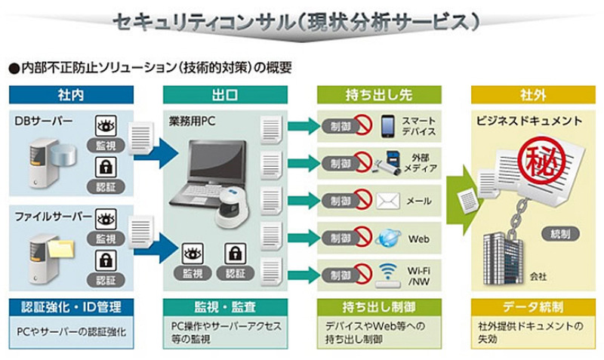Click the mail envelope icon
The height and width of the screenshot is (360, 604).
point(388,201)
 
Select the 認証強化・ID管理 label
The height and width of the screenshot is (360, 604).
point(72,307)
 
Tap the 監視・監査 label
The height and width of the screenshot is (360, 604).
point(225,307)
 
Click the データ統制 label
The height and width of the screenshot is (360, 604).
point(528,307)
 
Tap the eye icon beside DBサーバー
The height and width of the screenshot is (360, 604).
point(106,125)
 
